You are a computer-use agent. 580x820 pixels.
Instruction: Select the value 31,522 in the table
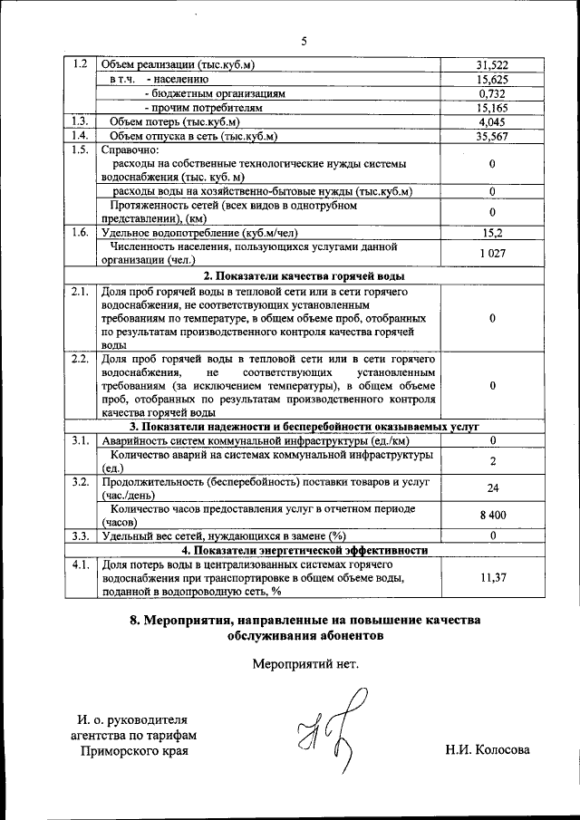pyautogui.click(x=491, y=64)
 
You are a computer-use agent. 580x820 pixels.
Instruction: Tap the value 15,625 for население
pyautogui.click(x=491, y=79)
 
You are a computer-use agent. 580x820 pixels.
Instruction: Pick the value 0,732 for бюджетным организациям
pyautogui.click(x=491, y=93)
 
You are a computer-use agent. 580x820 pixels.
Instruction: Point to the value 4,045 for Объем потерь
pyautogui.click(x=491, y=121)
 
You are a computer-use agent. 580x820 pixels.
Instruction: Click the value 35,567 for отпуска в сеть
pyautogui.click(x=491, y=136)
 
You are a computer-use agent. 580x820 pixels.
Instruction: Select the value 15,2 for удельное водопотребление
pyautogui.click(x=491, y=232)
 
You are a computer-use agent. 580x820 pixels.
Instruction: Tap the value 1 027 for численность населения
pyautogui.click(x=491, y=253)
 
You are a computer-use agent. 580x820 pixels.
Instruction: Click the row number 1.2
pyautogui.click(x=79, y=64)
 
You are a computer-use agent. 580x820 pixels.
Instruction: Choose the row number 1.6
pyautogui.click(x=79, y=232)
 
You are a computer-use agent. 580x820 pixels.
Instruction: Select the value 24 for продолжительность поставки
pyautogui.click(x=491, y=488)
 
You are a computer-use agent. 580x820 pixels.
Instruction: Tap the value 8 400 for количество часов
pyautogui.click(x=491, y=515)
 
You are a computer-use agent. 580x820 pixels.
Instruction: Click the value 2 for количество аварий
pyautogui.click(x=491, y=461)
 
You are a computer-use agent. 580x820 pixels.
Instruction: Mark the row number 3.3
pyautogui.click(x=79, y=535)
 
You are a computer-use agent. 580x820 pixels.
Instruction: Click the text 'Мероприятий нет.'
pyautogui.click(x=304, y=662)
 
